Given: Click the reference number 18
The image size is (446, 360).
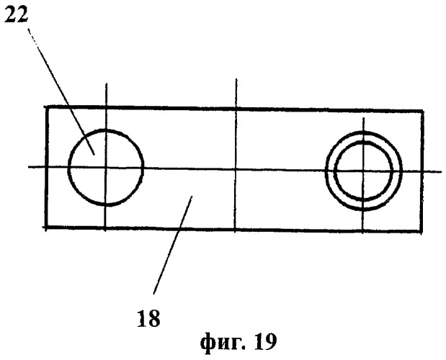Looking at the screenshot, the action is tap(148, 318).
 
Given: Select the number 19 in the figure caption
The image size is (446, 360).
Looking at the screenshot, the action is tap(265, 342).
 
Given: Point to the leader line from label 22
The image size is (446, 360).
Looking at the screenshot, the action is tap(61, 91).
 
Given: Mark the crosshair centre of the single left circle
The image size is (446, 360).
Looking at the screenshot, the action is tap(106, 168).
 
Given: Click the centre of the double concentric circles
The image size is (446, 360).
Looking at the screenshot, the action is tap(363, 171).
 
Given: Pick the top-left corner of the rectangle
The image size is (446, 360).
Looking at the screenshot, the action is tap(47, 107).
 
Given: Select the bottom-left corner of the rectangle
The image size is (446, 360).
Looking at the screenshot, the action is tap(46, 227).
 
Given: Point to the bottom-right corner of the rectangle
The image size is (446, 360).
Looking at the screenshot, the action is tap(422, 232).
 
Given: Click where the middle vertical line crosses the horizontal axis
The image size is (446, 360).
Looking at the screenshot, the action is tap(236, 170).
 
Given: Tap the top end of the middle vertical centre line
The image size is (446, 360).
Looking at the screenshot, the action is tap(236, 79).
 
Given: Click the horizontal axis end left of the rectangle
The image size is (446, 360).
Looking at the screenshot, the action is tap(28, 167).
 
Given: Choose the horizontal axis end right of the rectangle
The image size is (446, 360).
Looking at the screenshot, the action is tap(442, 171).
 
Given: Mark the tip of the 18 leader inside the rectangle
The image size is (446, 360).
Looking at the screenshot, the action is tap(192, 196).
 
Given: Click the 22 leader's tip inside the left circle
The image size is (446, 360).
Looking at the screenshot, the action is tap(94, 155).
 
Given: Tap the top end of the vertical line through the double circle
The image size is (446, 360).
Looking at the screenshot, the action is tap(364, 117).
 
